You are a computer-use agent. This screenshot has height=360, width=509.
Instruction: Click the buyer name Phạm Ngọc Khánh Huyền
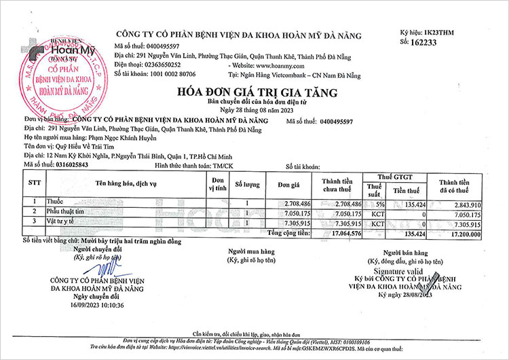tap(116, 136)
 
